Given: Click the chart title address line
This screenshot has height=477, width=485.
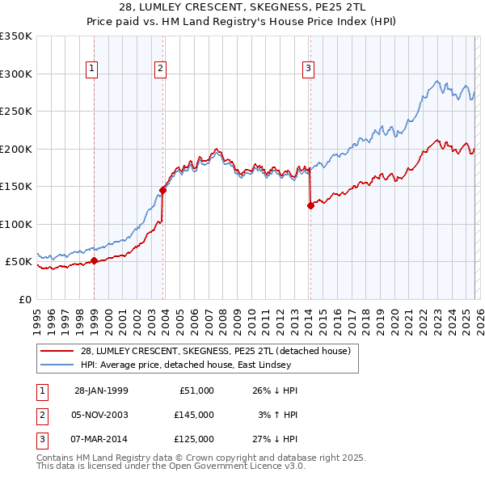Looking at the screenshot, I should pyautogui.click(x=242, y=7).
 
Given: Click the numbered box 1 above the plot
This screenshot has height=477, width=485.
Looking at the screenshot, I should pyautogui.click(x=92, y=70).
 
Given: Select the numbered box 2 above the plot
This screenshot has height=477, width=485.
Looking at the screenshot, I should pyautogui.click(x=161, y=70).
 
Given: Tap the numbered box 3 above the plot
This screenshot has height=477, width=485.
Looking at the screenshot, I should pyautogui.click(x=309, y=70).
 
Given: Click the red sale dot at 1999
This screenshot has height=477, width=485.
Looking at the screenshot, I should pyautogui.click(x=94, y=260).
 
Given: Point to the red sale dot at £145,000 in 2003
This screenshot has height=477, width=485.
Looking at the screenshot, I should pyautogui.click(x=162, y=190).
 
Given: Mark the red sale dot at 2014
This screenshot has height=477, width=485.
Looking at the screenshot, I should pyautogui.click(x=310, y=205).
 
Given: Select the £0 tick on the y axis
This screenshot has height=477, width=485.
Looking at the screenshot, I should pyautogui.click(x=25, y=299).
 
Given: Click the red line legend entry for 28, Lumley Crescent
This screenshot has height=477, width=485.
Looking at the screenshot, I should pyautogui.click(x=215, y=351).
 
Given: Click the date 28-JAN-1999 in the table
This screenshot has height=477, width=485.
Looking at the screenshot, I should pyautogui.click(x=101, y=390).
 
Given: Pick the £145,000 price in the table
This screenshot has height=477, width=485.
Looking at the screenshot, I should pyautogui.click(x=193, y=415).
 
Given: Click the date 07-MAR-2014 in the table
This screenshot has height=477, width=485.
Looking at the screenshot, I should pyautogui.click(x=101, y=439).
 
